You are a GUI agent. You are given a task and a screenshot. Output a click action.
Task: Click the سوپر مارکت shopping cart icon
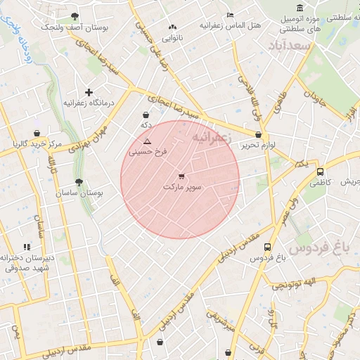point(182,176)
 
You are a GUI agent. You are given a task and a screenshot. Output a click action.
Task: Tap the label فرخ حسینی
point(147,151)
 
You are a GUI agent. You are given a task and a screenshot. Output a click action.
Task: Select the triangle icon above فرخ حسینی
point(147,141)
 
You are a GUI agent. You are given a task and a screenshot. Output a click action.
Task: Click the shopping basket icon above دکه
point(146,115)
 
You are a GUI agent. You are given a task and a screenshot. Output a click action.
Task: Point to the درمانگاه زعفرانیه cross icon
point(89,92)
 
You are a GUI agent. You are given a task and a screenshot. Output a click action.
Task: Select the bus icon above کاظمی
point(321,172)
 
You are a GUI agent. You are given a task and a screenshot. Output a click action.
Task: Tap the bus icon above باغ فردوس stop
point(267,247)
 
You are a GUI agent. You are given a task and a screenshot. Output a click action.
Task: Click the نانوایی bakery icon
point(172,27)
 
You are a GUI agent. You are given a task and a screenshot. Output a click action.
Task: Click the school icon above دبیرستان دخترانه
point(27,247)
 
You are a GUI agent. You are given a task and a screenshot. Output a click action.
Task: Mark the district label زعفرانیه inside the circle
point(212,135)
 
